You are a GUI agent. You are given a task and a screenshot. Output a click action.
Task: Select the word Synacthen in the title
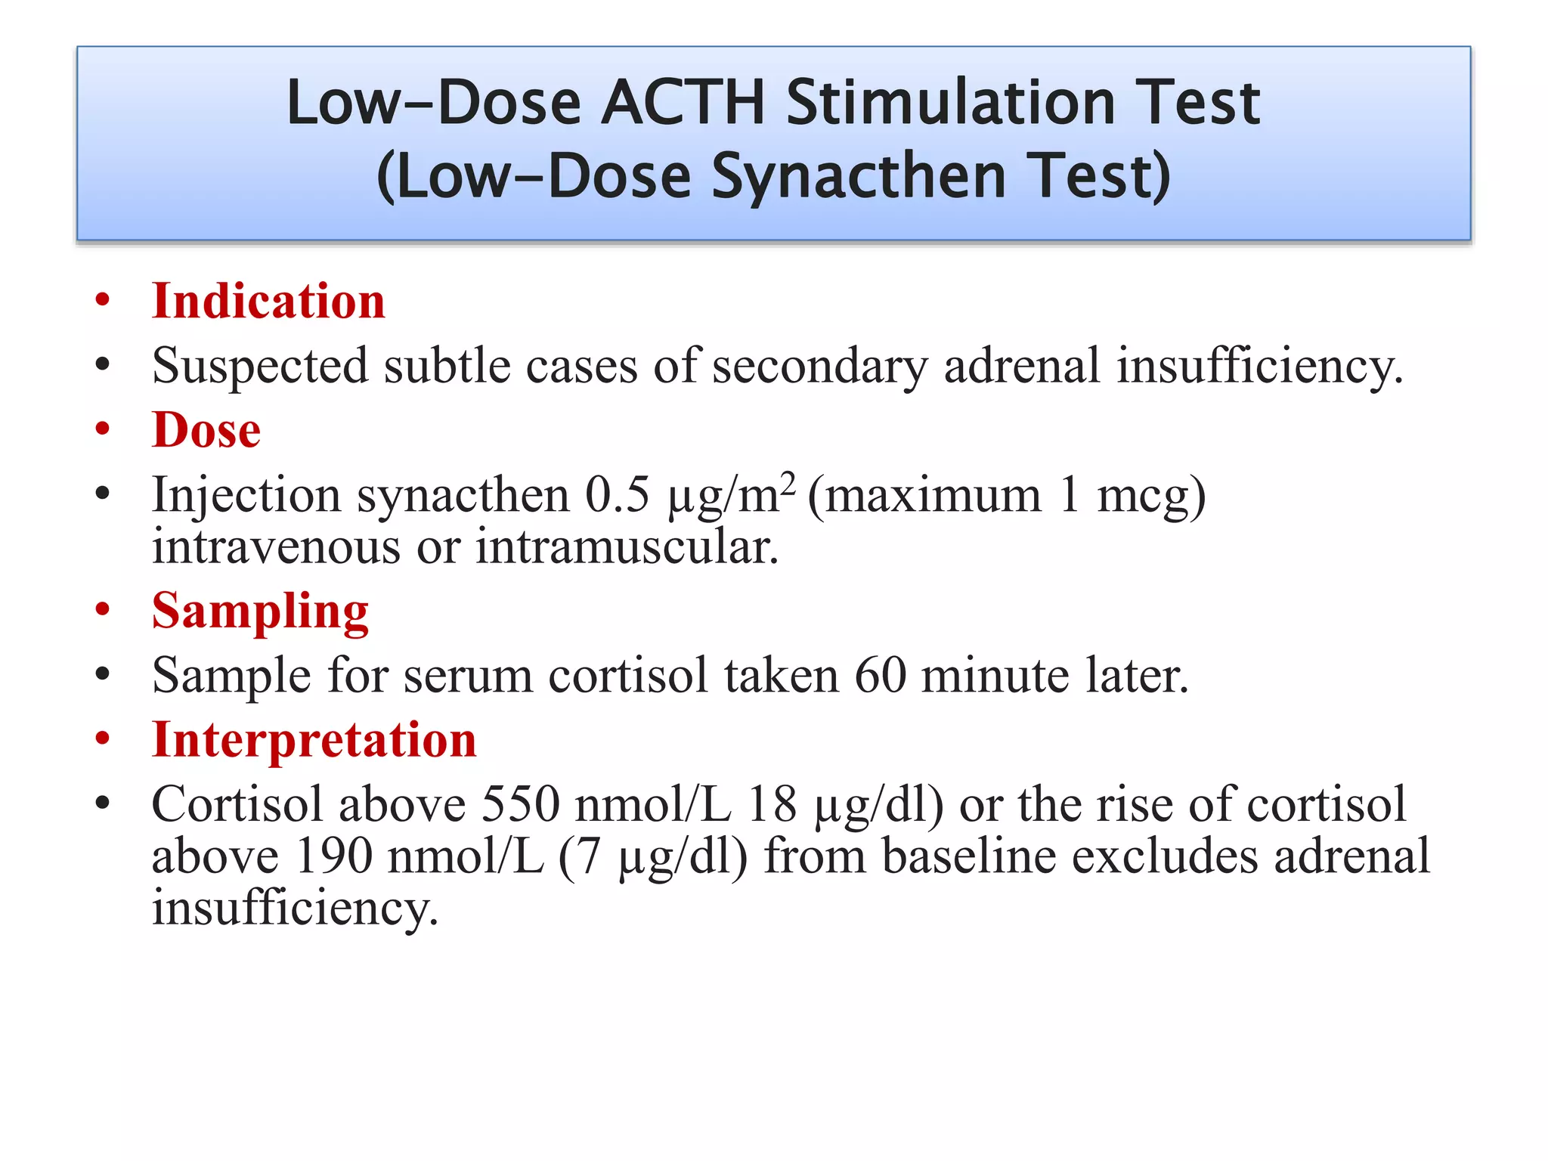(859, 176)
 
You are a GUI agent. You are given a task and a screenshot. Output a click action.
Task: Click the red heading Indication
(268, 301)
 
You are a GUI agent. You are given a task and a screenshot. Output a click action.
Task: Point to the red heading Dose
(206, 429)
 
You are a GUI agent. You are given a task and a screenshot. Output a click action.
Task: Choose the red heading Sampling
(260, 611)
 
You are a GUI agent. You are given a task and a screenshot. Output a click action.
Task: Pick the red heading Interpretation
(314, 739)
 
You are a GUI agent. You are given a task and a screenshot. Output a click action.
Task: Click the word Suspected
(260, 367)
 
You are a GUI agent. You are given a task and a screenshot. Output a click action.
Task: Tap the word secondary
(819, 367)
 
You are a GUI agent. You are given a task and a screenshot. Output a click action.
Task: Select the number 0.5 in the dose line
(617, 495)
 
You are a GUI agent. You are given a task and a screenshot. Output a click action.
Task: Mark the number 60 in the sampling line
(881, 675)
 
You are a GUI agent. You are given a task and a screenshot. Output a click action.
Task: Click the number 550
(521, 803)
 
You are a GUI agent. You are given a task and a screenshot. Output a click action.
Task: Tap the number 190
(334, 856)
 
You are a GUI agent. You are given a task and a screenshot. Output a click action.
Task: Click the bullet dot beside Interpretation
(103, 739)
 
